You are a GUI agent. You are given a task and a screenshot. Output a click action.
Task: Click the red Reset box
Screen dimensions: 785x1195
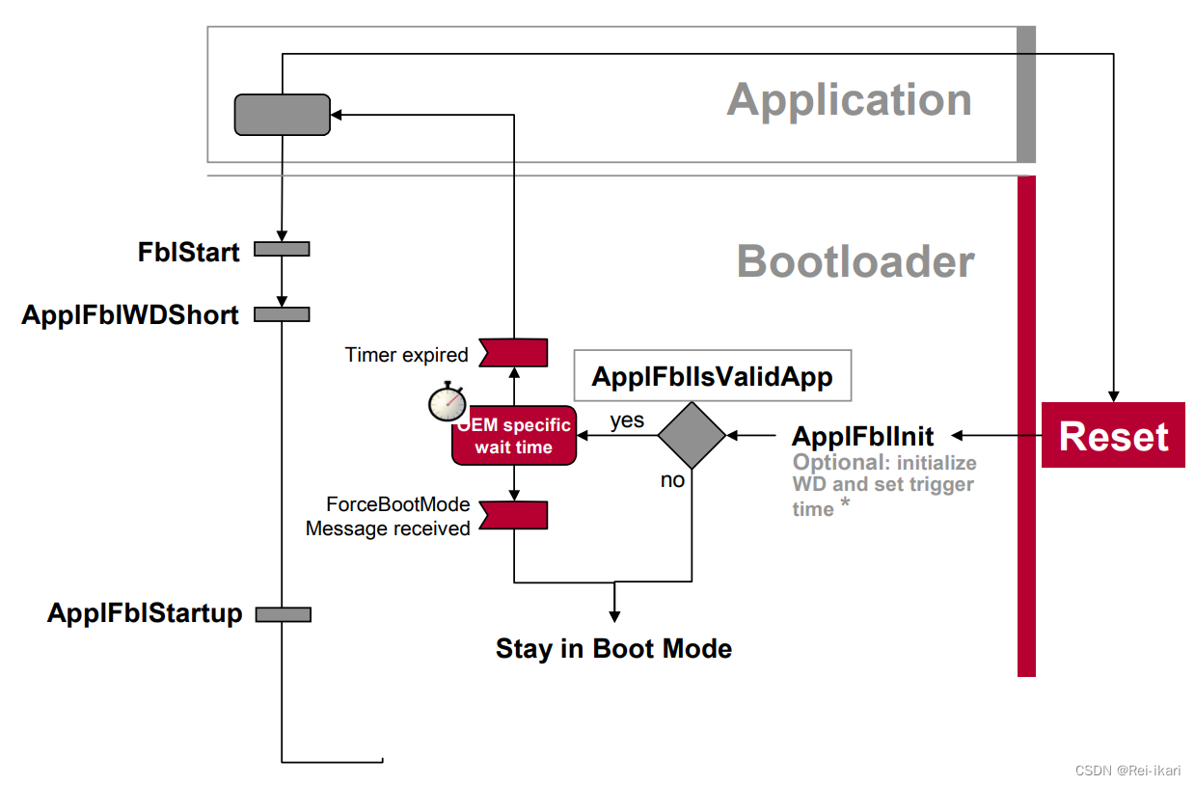pyautogui.click(x=1113, y=436)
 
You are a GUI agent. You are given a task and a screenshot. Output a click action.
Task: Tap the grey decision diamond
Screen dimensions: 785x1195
pyautogui.click(x=692, y=436)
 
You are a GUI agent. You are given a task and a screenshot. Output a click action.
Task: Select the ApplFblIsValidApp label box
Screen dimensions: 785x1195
pyautogui.click(x=712, y=375)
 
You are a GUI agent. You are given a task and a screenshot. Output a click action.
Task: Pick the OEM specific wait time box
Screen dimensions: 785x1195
pyautogui.click(x=514, y=436)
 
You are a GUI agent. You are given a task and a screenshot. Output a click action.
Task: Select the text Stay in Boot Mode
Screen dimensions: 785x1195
pyautogui.click(x=613, y=648)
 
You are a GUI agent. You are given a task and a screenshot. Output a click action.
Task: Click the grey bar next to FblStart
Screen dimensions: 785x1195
pyautogui.click(x=282, y=250)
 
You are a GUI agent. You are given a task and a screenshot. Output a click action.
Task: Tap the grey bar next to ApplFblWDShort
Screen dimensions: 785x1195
pyautogui.click(x=282, y=313)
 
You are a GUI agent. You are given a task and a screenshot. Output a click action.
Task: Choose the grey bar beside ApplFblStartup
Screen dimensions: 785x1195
pyautogui.click(x=283, y=614)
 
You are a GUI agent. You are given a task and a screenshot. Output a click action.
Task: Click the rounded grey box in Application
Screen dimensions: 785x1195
pyautogui.click(x=283, y=114)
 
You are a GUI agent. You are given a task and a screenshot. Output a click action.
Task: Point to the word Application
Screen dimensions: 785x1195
pyautogui.click(x=849, y=99)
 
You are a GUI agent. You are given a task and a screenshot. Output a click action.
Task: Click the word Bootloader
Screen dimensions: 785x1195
pyautogui.click(x=856, y=261)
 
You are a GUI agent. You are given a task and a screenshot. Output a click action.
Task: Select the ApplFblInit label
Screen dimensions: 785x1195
pyautogui.click(x=862, y=436)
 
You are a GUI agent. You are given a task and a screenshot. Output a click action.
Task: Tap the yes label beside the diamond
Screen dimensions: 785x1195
pyautogui.click(x=627, y=421)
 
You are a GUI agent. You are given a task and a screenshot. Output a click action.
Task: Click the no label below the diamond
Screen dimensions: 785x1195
pyautogui.click(x=672, y=480)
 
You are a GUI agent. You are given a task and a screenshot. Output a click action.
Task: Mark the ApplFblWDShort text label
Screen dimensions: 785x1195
pyautogui.click(x=130, y=314)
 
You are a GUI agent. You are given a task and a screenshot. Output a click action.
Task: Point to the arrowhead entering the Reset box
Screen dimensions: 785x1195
pyautogui.click(x=1114, y=396)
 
